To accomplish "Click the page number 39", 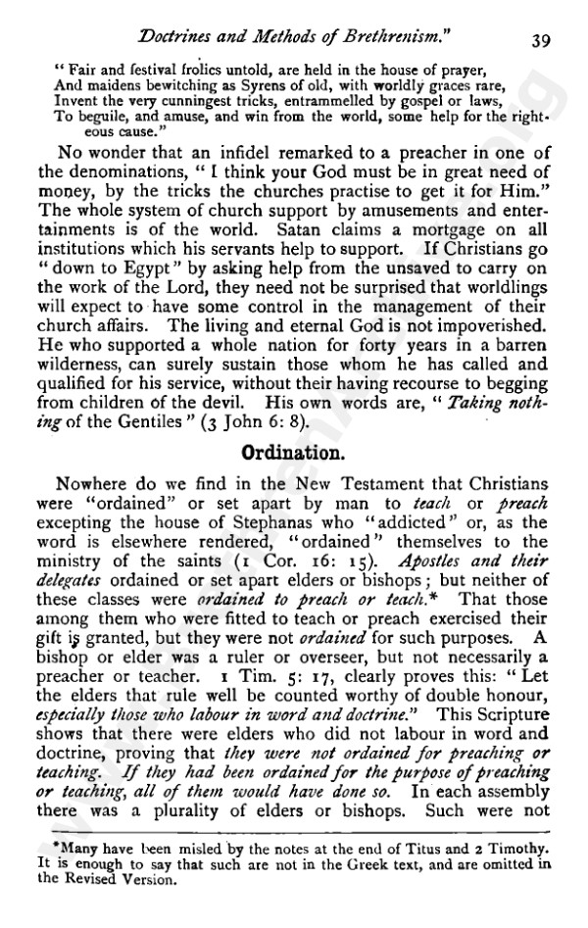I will [541, 39].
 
